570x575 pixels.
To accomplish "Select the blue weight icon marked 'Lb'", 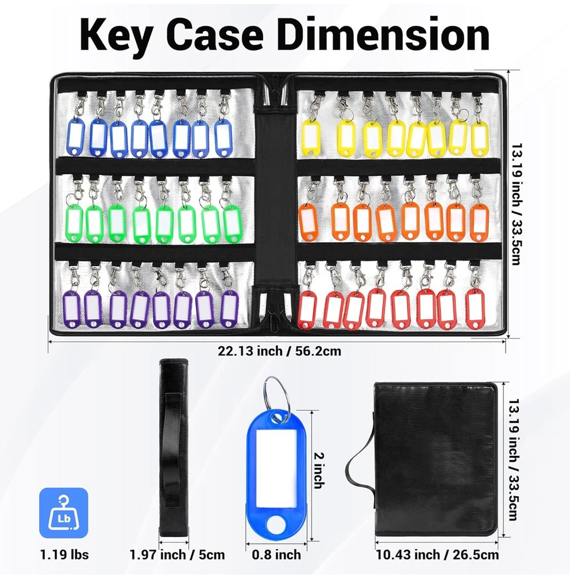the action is [x=64, y=513].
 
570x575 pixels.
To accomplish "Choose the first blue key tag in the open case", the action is [x=76, y=135].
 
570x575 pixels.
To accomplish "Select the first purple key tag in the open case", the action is [x=74, y=309].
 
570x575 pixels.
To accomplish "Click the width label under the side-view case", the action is [x=177, y=554].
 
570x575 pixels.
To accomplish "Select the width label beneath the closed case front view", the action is [x=437, y=554].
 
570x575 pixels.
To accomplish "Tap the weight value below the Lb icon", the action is [x=64, y=554].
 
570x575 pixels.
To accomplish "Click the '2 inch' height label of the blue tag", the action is [x=318, y=470].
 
